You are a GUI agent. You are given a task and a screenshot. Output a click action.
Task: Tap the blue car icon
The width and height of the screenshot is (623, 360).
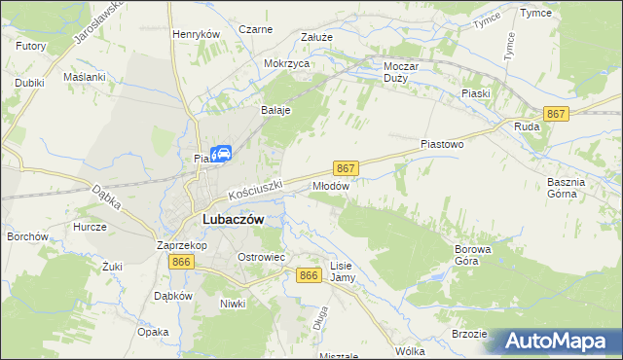click(222, 154)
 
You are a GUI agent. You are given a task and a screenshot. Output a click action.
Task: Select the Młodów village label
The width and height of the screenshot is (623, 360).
click(330, 184)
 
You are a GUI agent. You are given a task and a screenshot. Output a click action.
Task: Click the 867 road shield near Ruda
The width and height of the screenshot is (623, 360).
click(556, 114)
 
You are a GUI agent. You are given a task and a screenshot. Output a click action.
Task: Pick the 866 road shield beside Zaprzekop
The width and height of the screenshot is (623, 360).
click(180, 263)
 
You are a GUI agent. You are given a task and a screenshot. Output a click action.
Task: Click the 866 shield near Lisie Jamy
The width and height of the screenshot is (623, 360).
click(310, 276)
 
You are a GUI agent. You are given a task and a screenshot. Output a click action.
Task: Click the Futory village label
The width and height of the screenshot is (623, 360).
click(31, 45)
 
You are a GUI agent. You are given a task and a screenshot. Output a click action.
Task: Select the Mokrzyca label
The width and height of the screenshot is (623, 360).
click(286, 63)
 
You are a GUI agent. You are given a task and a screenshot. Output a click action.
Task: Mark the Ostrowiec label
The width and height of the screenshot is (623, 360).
click(261, 256)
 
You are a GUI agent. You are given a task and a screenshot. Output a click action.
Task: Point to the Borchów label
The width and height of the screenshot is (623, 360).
click(27, 236)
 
